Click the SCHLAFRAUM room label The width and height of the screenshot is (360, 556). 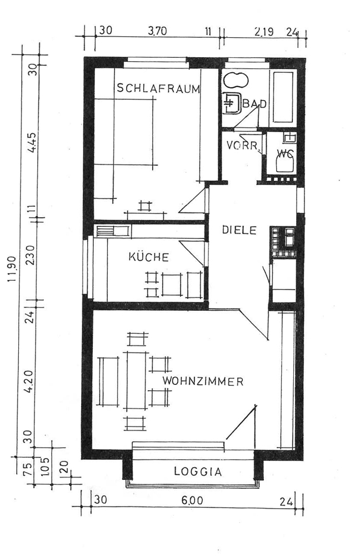(x=158, y=88)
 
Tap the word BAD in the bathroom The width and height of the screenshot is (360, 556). (x=254, y=104)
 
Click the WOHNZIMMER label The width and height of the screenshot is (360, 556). (x=203, y=381)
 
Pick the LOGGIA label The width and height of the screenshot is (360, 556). (x=198, y=471)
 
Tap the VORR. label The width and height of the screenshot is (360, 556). (x=242, y=145)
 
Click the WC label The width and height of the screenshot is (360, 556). (x=286, y=153)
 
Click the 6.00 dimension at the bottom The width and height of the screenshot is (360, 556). (x=192, y=500)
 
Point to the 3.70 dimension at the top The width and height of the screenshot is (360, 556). (x=157, y=31)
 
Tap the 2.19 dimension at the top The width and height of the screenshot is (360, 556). (x=264, y=32)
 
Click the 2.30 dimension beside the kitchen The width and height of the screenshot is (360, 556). (x=31, y=255)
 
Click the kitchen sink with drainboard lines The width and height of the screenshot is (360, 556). (x=112, y=231)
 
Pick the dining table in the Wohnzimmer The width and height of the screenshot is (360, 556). (x=134, y=380)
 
